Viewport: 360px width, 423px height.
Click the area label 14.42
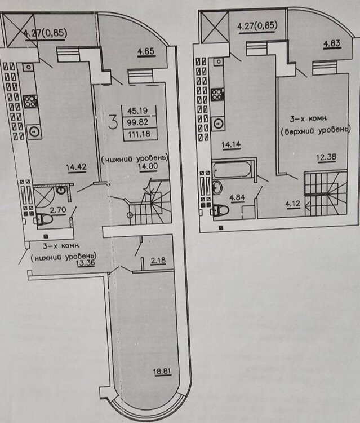click(x=76, y=168)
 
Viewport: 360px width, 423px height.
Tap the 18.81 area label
click(x=162, y=372)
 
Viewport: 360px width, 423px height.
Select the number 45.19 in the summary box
click(x=137, y=111)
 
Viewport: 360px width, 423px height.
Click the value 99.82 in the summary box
click(x=137, y=122)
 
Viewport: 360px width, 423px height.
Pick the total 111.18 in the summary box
click(x=139, y=134)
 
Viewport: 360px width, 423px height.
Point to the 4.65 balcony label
click(x=146, y=51)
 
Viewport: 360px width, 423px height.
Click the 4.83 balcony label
click(x=332, y=43)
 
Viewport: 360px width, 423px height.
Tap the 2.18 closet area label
click(x=158, y=261)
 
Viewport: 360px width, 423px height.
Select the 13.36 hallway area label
click(x=86, y=263)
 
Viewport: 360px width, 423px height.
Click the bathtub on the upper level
click(x=232, y=169)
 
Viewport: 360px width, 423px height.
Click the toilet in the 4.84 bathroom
click(x=221, y=210)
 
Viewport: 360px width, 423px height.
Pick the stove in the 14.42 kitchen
click(x=30, y=102)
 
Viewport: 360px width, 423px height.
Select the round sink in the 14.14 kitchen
click(x=218, y=124)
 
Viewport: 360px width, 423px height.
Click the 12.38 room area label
click(x=326, y=157)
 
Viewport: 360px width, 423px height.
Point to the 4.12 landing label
click(x=292, y=204)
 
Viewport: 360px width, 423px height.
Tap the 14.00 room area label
click(x=148, y=166)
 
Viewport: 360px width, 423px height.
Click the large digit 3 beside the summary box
click(x=113, y=122)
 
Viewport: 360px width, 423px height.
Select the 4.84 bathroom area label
click(x=237, y=198)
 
